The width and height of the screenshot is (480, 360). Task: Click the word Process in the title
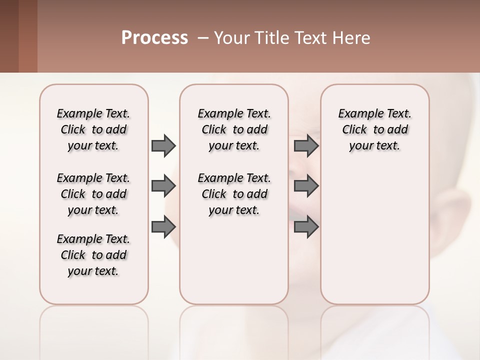(154, 38)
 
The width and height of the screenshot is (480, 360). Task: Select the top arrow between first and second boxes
(163, 145)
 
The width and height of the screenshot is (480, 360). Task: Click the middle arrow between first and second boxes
(163, 186)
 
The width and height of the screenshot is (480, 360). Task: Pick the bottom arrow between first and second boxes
(163, 227)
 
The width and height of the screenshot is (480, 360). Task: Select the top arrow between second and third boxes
(306, 145)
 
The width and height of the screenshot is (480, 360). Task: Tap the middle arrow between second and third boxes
(306, 186)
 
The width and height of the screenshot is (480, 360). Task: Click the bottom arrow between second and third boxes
(306, 227)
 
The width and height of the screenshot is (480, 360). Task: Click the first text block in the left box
(93, 129)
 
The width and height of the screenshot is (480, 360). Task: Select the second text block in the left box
(93, 194)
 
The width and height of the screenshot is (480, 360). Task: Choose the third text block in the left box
(93, 255)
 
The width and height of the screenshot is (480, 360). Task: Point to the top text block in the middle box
(234, 129)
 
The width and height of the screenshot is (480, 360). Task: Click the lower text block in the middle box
(234, 194)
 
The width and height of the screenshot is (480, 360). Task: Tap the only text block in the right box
(374, 129)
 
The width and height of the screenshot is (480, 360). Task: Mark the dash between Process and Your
(203, 38)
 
